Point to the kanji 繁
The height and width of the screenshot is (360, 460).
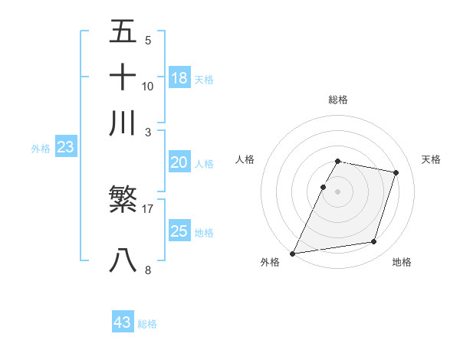(x=123, y=201)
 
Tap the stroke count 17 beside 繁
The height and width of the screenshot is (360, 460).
(x=148, y=208)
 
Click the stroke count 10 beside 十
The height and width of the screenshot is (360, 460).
(x=148, y=86)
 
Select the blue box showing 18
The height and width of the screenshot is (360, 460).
(x=179, y=77)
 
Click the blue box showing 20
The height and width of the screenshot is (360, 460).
(x=179, y=162)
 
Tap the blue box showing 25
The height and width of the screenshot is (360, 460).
(x=179, y=231)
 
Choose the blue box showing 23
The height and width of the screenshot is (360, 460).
(x=65, y=148)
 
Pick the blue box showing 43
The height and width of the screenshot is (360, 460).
(x=123, y=322)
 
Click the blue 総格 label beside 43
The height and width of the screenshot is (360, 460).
(x=147, y=324)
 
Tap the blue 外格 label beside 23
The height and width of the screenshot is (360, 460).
(x=41, y=149)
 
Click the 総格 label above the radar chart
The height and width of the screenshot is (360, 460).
(x=338, y=100)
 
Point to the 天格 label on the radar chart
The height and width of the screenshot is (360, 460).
(x=431, y=159)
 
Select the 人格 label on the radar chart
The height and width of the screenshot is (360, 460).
(x=245, y=159)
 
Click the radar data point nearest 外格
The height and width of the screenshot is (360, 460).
(x=293, y=253)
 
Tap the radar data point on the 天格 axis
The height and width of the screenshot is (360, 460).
(x=396, y=172)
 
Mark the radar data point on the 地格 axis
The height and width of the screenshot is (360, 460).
(x=374, y=242)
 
